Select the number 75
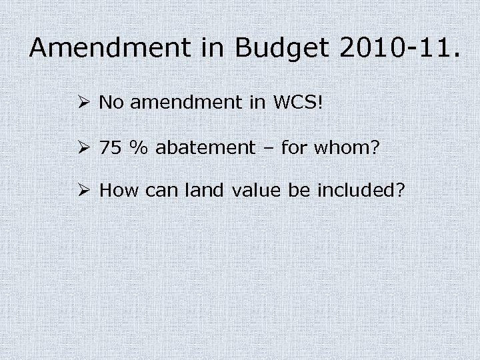[111, 147]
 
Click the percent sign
[138, 147]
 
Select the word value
[256, 192]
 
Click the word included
[358, 192]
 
